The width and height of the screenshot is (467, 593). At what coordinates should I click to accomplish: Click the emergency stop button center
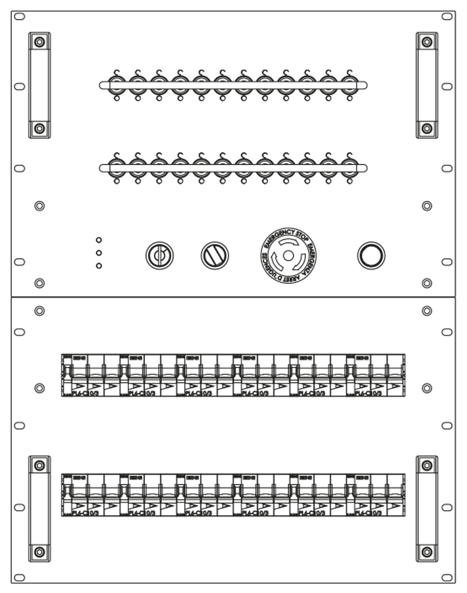pyautogui.click(x=288, y=256)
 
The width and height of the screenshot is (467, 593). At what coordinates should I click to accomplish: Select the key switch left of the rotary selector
pyautogui.click(x=159, y=256)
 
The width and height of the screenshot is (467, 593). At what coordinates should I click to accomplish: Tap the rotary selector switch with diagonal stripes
pyautogui.click(x=214, y=256)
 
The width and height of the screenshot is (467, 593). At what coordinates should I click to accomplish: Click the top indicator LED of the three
pyautogui.click(x=99, y=240)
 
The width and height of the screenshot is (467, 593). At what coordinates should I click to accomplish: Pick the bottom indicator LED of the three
pyautogui.click(x=99, y=266)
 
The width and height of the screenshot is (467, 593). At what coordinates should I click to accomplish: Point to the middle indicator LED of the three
pyautogui.click(x=99, y=253)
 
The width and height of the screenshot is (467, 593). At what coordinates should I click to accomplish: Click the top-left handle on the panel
pyautogui.click(x=39, y=85)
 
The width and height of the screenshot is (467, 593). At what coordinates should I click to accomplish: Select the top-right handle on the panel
pyautogui.click(x=426, y=85)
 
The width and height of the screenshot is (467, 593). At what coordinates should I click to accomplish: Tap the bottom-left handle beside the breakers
pyautogui.click(x=39, y=509)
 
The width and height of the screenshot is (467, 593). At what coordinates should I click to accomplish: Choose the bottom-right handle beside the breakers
pyautogui.click(x=426, y=509)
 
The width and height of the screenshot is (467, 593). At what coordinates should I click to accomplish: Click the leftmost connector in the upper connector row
pyautogui.click(x=117, y=85)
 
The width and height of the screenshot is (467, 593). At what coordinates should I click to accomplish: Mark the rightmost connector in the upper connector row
pyautogui.click(x=350, y=85)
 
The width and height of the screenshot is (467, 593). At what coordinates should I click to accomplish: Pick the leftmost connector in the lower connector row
pyautogui.click(x=117, y=168)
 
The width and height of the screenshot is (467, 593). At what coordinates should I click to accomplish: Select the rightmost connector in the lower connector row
pyautogui.click(x=350, y=168)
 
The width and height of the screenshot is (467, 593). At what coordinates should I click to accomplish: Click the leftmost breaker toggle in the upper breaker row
pyautogui.click(x=67, y=373)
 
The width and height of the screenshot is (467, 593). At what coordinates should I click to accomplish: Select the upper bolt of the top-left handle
pyautogui.click(x=39, y=42)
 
